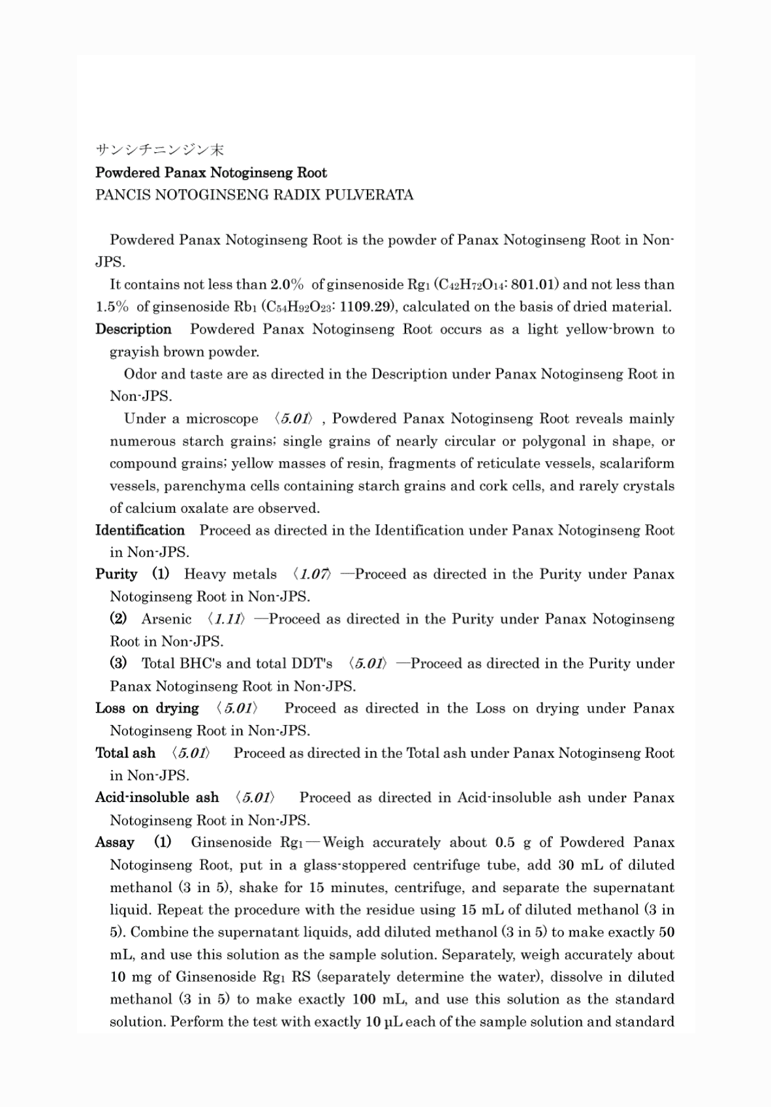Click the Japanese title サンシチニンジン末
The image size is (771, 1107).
pos(159,150)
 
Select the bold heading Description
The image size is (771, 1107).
pos(133,329)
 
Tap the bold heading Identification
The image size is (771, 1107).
pos(140,530)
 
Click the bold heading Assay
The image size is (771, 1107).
pos(115,842)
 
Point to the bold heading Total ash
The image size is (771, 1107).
pos(125,753)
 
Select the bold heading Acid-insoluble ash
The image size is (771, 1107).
pos(157,797)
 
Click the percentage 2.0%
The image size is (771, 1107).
pos(287,285)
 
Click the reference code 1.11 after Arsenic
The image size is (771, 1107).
pos(227,619)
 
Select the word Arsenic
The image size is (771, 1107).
pos(166,619)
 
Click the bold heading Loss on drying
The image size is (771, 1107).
pos(147,709)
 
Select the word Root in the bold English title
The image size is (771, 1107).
pos(312,173)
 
